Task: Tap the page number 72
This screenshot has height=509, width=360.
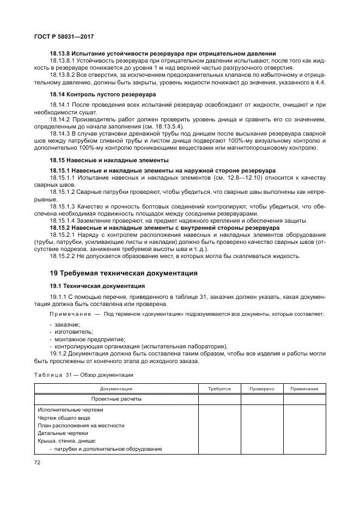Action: (38, 462)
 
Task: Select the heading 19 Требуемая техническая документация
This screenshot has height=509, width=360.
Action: (124, 273)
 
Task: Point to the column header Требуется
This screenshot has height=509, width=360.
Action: (219, 389)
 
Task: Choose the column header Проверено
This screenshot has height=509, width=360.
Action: (262, 389)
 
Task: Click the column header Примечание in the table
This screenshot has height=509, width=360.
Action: (304, 389)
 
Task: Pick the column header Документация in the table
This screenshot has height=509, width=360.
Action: (116, 389)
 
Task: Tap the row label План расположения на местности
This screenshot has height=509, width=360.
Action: (81, 425)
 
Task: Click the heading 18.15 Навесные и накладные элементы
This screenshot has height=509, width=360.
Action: (109, 160)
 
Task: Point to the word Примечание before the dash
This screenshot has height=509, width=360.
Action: (69, 315)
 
